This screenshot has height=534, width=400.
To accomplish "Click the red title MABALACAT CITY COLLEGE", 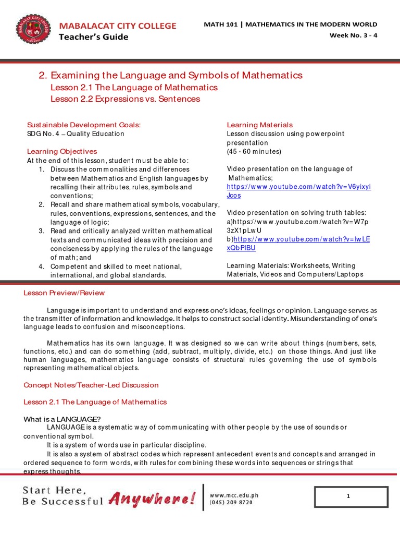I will pyautogui.click(x=117, y=26).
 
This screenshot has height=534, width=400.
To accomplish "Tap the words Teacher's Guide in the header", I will pyautogui.click(x=93, y=37).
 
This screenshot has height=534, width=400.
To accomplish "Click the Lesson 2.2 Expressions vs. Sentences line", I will pyautogui.click(x=125, y=99).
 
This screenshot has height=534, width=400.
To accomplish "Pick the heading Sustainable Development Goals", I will pyautogui.click(x=84, y=125).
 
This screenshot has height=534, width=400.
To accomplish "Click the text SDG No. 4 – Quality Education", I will pyautogui.click(x=76, y=133).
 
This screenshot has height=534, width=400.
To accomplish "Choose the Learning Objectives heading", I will pyautogui.click(x=62, y=151).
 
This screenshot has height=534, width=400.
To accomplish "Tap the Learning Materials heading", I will pyautogui.click(x=259, y=125).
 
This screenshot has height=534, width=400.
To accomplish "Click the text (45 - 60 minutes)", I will pyautogui.click(x=254, y=151).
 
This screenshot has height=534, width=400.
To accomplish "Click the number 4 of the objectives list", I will pyautogui.click(x=41, y=266).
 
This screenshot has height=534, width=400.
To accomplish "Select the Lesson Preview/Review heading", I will pyautogui.click(x=64, y=293).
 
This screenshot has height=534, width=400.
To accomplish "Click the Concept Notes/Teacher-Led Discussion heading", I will pyautogui.click(x=91, y=385).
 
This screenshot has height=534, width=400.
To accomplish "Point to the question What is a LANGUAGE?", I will pyautogui.click(x=62, y=419).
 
